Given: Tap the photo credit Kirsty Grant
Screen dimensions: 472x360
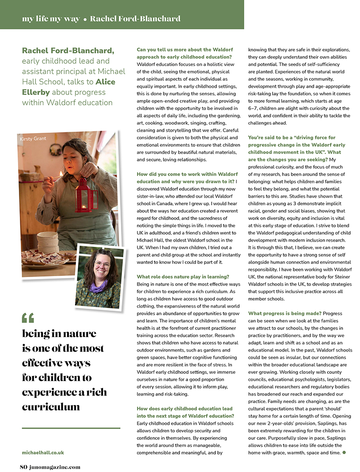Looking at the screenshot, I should (x=32, y=139).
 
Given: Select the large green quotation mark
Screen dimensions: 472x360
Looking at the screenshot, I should (x=28, y=318).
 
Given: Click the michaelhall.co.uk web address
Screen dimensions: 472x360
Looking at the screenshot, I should (x=43, y=452).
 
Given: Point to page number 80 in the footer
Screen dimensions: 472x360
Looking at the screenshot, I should (x=24, y=467).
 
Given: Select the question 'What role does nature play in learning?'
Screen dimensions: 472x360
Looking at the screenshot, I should (x=183, y=277).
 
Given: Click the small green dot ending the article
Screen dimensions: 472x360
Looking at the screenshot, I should (x=344, y=452).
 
